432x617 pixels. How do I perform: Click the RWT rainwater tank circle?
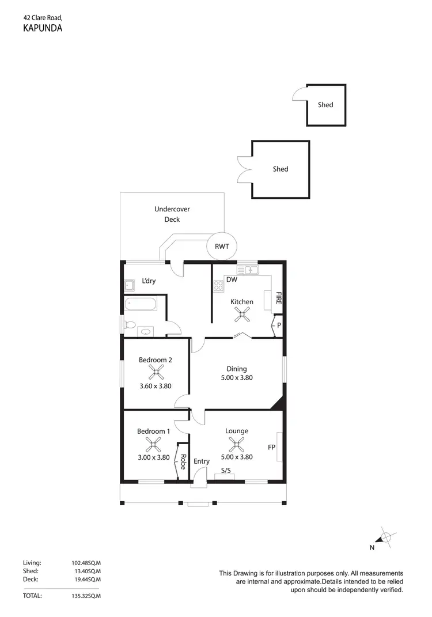(x=222, y=247)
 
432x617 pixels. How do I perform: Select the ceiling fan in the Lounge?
(x=237, y=444)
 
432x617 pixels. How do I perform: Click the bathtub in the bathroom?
(x=141, y=304)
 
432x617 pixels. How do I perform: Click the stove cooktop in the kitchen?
(x=219, y=286)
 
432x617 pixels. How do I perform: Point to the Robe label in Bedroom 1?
(x=183, y=462)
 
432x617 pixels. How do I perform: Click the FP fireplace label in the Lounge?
(x=271, y=447)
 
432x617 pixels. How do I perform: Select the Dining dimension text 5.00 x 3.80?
(x=237, y=378)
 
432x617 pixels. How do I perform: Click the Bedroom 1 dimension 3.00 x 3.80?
(x=153, y=457)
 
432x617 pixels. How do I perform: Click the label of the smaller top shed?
(x=325, y=105)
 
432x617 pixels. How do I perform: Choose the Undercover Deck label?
(x=172, y=214)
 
